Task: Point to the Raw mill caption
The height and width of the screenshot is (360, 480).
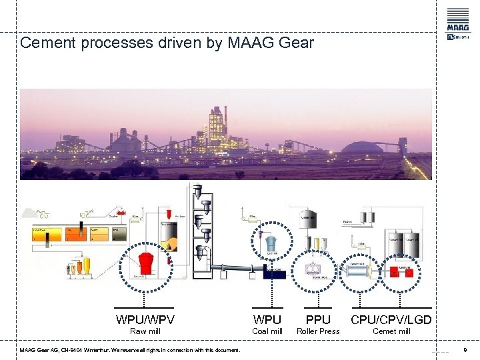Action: click(145, 331)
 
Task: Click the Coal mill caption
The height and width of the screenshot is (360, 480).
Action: click(267, 331)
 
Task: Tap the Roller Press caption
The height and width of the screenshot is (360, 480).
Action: click(317, 331)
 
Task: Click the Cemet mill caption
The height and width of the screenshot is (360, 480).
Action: click(391, 331)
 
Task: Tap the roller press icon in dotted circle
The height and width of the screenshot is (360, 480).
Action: click(312, 270)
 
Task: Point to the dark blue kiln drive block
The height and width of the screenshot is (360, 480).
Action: click(273, 272)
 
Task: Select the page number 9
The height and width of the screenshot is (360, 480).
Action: click(464, 350)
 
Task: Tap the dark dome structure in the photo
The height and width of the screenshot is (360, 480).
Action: click(363, 147)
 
